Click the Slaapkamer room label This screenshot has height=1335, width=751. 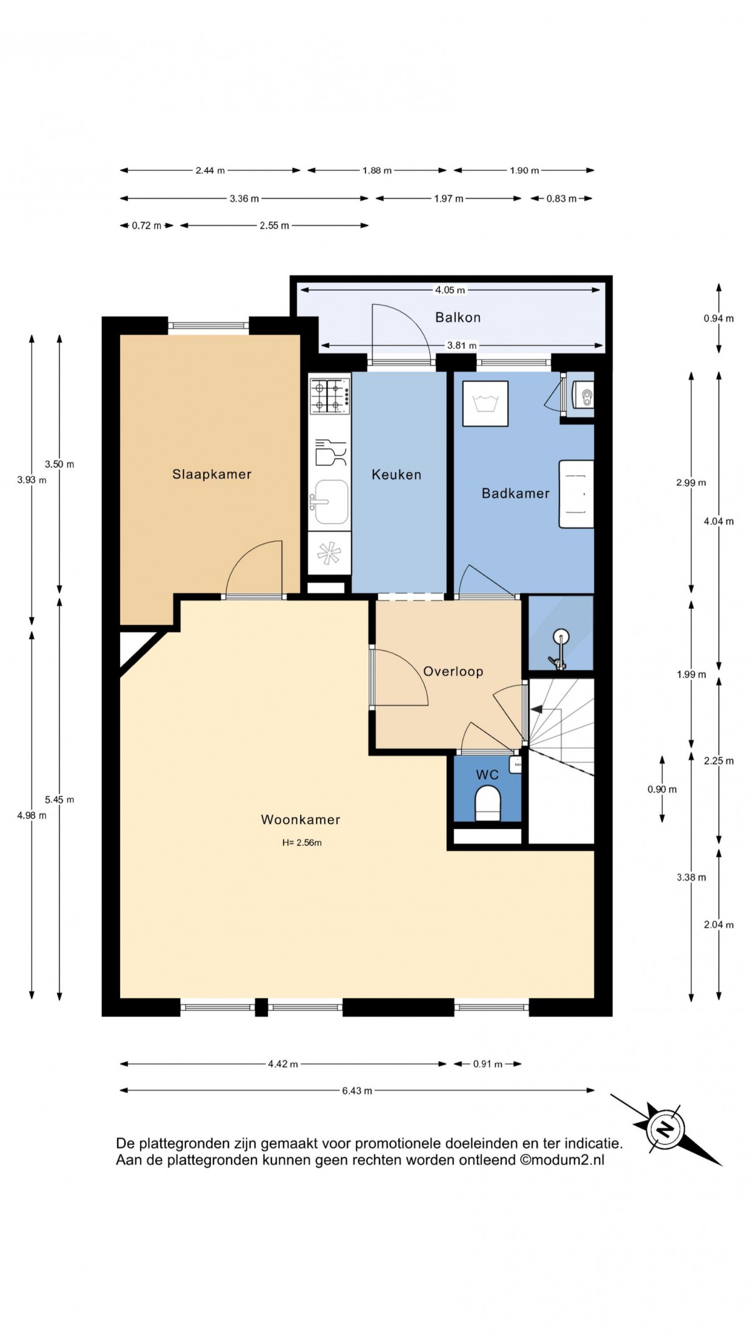212,474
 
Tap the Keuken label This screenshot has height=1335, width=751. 396,475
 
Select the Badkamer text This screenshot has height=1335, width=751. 516,493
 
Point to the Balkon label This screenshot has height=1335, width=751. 458,317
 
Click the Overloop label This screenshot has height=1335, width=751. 453,672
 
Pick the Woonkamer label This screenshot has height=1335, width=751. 300,820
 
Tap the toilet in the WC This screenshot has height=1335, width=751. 488,803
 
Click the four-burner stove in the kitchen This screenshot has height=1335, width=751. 329,396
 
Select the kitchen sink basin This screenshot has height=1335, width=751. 330,502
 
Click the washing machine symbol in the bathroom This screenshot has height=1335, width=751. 485,404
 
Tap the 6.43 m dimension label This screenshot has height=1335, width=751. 357,1091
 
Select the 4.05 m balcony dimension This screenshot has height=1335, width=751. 450,290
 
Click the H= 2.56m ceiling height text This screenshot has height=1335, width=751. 302,843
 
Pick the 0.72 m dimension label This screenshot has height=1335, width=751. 146,225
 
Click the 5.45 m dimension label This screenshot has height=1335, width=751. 59,800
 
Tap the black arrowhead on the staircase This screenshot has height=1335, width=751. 536,709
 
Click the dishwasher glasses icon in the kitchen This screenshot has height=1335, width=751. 330,451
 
